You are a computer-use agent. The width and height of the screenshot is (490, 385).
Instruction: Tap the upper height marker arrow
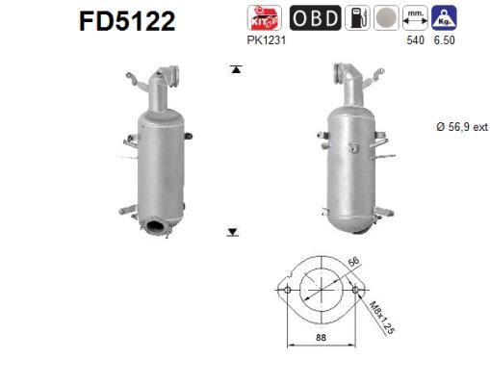(x=233, y=69)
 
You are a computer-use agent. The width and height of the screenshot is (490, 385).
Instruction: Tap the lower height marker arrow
(x=233, y=232)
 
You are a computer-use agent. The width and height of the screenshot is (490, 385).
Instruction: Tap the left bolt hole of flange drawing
(x=287, y=289)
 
